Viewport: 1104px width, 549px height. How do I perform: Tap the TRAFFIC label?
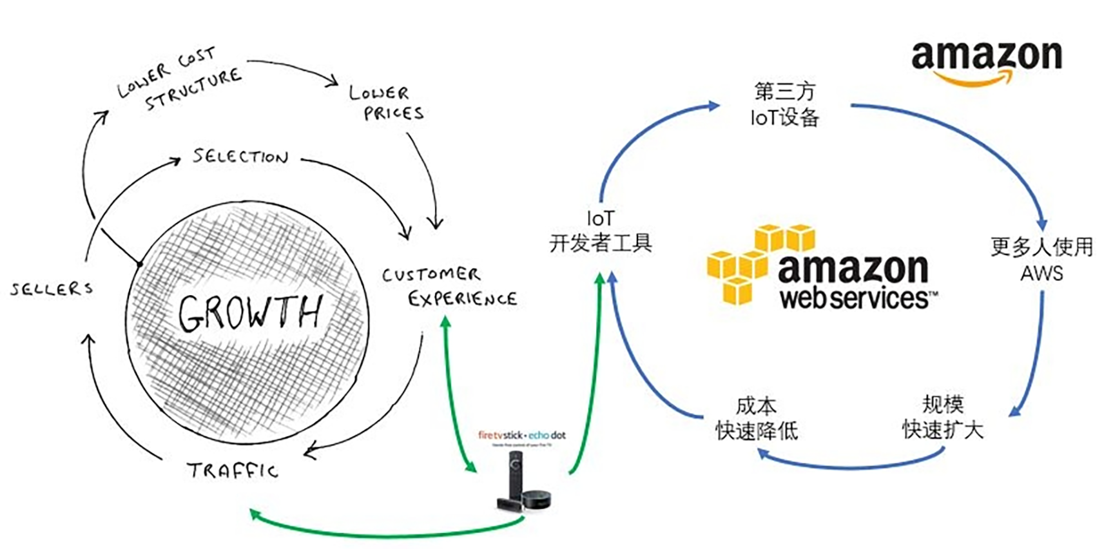pyautogui.click(x=233, y=470)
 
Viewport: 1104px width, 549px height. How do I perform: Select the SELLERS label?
pyautogui.click(x=52, y=289)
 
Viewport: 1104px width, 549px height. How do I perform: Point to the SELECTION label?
pyautogui.click(x=240, y=157)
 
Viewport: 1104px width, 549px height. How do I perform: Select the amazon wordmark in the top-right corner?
pyautogui.click(x=986, y=55)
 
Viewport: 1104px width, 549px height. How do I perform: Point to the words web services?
pyautogui.click(x=854, y=298)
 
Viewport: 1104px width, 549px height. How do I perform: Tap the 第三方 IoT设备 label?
pyautogui.click(x=784, y=104)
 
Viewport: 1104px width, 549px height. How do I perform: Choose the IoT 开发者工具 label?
pyautogui.click(x=600, y=231)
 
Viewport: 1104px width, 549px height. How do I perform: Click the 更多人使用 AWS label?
pyautogui.click(x=1041, y=259)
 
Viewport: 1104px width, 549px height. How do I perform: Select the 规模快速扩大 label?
pyautogui.click(x=942, y=417)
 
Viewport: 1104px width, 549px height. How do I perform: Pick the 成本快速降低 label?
pyautogui.click(x=757, y=418)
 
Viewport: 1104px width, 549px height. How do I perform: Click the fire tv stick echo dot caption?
pyautogui.click(x=521, y=436)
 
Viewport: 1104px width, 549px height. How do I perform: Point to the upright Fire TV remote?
pyautogui.click(x=514, y=474)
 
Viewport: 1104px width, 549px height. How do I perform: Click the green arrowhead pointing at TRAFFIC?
pyautogui.click(x=255, y=514)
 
